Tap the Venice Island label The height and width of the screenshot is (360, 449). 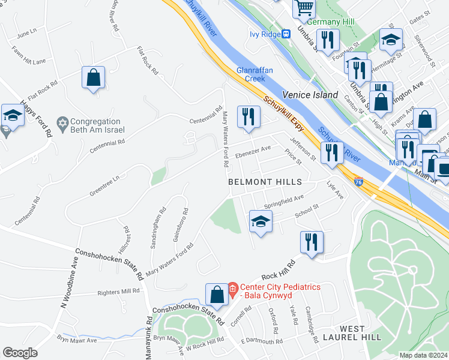point(308,95)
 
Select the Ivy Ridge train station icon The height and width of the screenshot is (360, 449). point(287,34)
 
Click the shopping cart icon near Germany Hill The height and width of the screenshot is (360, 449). point(304,8)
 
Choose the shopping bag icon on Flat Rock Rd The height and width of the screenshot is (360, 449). point(94,78)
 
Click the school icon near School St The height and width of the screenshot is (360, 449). point(261,222)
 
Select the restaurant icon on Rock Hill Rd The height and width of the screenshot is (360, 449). point(312,242)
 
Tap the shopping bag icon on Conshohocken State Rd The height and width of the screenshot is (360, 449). point(217,295)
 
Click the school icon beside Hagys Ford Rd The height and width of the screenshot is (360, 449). point(13,115)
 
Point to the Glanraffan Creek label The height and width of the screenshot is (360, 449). point(255,74)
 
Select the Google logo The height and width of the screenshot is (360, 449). point(20,353)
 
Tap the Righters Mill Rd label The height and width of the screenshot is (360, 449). point(123,292)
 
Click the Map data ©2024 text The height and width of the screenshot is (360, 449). point(423,355)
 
